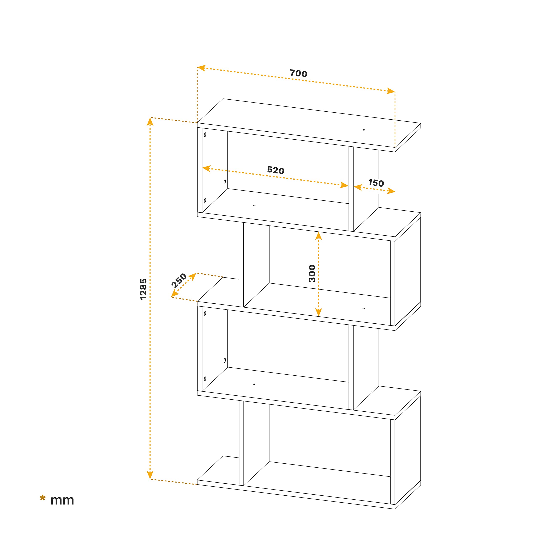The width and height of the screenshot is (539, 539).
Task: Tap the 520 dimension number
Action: [x=275, y=170]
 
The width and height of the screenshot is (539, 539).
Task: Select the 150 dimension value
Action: [x=376, y=183]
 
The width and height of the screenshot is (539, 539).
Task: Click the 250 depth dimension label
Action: [x=179, y=280]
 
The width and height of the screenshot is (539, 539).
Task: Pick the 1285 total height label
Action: [x=143, y=289]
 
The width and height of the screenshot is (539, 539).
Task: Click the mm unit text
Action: [x=62, y=500]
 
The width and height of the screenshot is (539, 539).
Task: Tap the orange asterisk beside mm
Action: [x=42, y=498]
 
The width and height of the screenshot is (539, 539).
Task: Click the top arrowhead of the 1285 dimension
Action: [x=150, y=122]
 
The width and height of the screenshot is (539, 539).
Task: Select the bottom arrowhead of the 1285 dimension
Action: [x=150, y=475]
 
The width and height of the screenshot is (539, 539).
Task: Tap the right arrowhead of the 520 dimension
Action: [x=344, y=185]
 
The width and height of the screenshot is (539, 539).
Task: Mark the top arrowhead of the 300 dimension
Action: [x=319, y=236]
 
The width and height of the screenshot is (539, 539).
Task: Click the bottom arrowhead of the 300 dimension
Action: [x=319, y=312]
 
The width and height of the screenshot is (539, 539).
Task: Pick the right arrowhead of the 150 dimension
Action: [x=391, y=191]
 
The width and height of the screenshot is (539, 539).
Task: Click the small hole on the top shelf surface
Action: [x=364, y=130]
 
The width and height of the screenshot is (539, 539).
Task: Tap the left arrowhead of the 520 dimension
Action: [x=207, y=168]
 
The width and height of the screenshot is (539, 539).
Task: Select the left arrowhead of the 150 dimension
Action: [x=358, y=187]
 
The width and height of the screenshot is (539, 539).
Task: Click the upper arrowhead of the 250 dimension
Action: [x=193, y=276]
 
